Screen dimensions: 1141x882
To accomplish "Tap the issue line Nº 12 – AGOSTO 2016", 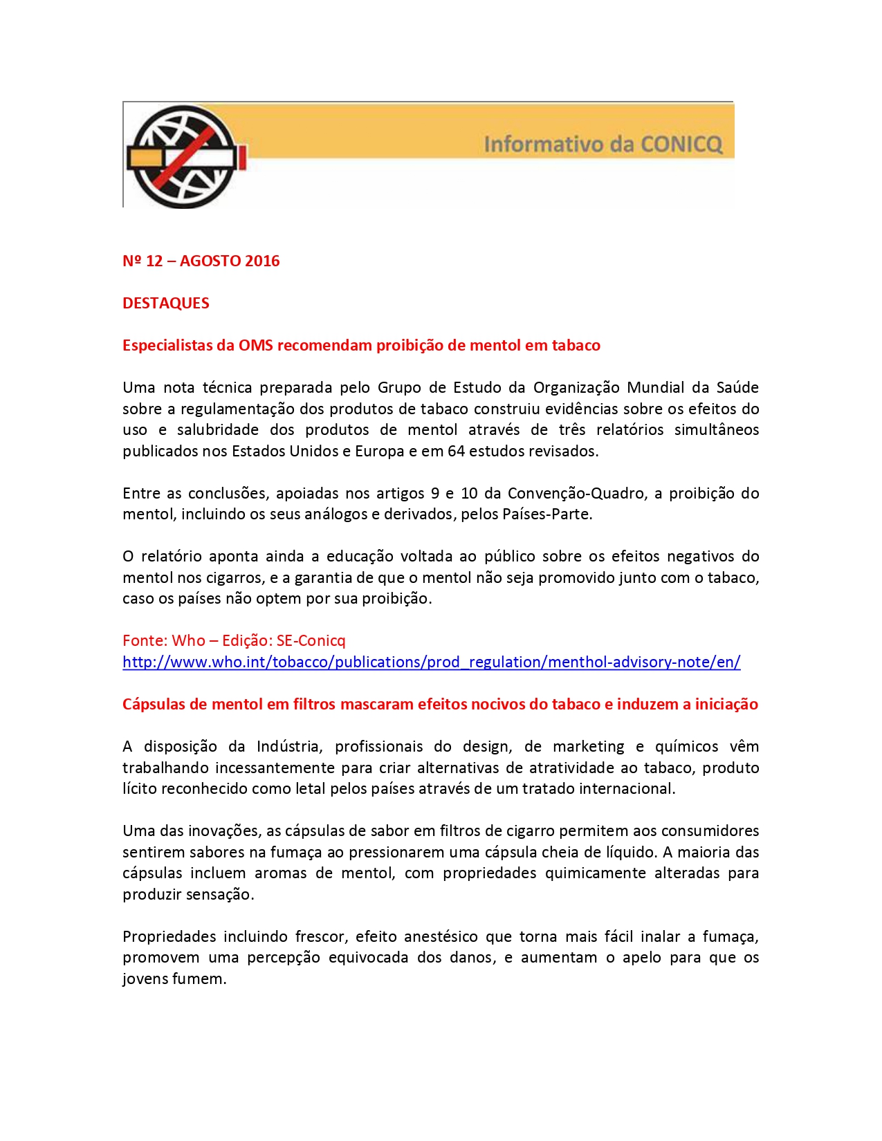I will [201, 261].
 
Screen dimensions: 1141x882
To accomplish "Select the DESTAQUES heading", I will [166, 304].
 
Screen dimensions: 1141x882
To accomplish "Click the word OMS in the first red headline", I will [255, 346].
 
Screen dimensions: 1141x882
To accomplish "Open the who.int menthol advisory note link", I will [431, 662].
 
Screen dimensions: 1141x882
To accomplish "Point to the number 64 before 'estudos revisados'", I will [456, 452].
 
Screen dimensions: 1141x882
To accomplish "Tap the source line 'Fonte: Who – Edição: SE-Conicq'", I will [234, 641].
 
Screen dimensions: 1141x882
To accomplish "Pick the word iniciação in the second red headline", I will [726, 705].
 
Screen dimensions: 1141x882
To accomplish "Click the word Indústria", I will [289, 747].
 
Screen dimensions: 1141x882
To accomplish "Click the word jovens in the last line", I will [144, 979].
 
